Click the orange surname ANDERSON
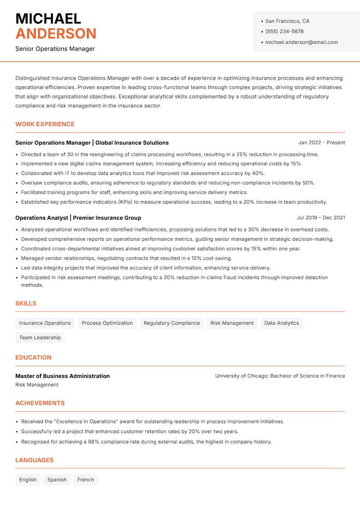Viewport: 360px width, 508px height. point(56,34)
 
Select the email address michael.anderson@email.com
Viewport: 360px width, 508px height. point(301,42)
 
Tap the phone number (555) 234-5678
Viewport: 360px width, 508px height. point(284,31)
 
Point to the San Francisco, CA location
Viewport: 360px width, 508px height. point(287,21)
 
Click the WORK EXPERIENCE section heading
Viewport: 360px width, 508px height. point(45,124)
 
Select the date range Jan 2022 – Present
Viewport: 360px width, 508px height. point(321,143)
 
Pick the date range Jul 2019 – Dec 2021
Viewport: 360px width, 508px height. point(321,218)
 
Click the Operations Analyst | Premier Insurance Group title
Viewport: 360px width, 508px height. point(78,218)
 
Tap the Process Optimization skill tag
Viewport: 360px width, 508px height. point(107,323)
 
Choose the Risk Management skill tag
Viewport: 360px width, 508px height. point(232,323)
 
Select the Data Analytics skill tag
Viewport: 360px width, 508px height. point(282,323)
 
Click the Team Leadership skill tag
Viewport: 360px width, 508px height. point(40,338)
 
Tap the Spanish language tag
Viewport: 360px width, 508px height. point(57,480)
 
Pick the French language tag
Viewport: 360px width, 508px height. point(85,480)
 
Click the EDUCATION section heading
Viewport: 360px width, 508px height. point(33,357)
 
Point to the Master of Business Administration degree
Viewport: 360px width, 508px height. point(63,376)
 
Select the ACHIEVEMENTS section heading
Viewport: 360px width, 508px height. point(40,403)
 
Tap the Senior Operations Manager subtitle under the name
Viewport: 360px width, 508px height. point(55,49)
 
